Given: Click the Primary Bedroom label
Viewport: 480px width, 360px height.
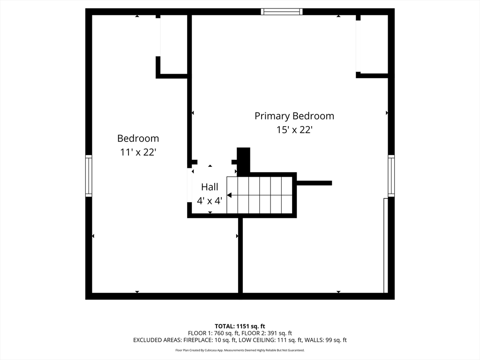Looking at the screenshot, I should pyautogui.click(x=294, y=116).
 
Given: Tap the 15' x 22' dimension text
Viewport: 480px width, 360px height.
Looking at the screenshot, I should pyautogui.click(x=294, y=130).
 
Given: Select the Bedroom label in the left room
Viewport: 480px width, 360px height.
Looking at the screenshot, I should pyautogui.click(x=138, y=138).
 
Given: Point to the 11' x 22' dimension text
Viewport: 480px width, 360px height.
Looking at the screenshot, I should pyautogui.click(x=138, y=152).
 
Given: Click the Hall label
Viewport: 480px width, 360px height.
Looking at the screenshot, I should pyautogui.click(x=210, y=187).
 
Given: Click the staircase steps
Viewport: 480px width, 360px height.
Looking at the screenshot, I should pyautogui.click(x=260, y=195).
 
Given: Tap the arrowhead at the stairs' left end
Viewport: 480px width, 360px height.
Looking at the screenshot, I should pyautogui.click(x=230, y=195).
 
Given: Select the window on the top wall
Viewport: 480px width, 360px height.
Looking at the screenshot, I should pyautogui.click(x=282, y=12).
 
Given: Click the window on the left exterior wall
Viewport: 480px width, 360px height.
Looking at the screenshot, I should pyautogui.click(x=89, y=176).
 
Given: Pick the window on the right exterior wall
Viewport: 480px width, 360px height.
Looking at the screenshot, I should pyautogui.click(x=391, y=175).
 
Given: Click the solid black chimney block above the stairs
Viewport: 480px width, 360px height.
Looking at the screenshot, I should pyautogui.click(x=244, y=160).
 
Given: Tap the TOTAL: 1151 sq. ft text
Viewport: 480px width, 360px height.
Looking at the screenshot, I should pyautogui.click(x=240, y=326).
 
